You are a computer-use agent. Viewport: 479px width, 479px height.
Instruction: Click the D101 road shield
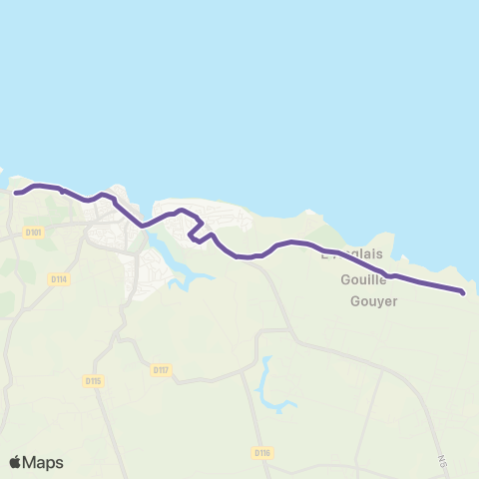click(x=34, y=233)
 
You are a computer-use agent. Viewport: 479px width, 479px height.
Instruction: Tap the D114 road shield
click(x=58, y=279)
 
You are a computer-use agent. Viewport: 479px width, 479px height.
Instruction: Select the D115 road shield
click(x=94, y=380)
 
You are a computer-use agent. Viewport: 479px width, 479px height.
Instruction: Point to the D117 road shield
click(x=161, y=369)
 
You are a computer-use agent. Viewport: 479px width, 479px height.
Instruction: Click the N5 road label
click(x=441, y=461)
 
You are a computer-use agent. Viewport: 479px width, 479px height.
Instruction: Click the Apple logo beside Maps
click(x=16, y=462)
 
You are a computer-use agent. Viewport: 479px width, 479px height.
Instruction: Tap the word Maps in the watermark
click(x=43, y=463)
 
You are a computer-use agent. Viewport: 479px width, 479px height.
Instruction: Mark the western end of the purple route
click(x=16, y=193)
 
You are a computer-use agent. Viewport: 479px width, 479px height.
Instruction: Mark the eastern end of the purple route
click(x=463, y=292)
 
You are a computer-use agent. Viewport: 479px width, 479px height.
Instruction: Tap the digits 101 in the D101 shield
click(x=37, y=233)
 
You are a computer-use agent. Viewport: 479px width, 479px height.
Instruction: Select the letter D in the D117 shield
click(x=156, y=369)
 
